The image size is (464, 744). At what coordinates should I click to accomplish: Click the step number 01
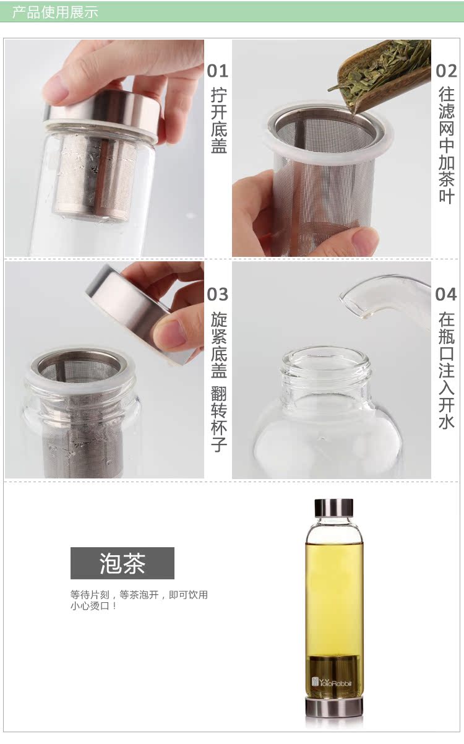217,71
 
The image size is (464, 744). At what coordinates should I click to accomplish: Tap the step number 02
446,71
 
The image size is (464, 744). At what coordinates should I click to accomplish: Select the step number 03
217,294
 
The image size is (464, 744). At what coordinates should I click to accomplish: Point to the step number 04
446,294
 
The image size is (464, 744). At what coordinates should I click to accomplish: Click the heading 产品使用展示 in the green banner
55,12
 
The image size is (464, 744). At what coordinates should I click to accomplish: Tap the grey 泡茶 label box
122,563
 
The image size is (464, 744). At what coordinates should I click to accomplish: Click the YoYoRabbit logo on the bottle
331,683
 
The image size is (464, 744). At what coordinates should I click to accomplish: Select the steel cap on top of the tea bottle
333,507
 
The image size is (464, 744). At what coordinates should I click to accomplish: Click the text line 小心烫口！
93,606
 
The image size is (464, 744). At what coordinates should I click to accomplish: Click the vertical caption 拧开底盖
219,121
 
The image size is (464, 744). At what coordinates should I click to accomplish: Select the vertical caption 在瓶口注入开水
447,370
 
